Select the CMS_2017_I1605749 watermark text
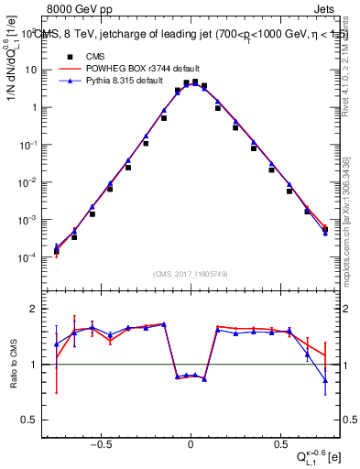click(x=191, y=274)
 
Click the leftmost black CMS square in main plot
click(x=56, y=251)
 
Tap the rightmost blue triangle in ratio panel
click(x=324, y=380)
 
